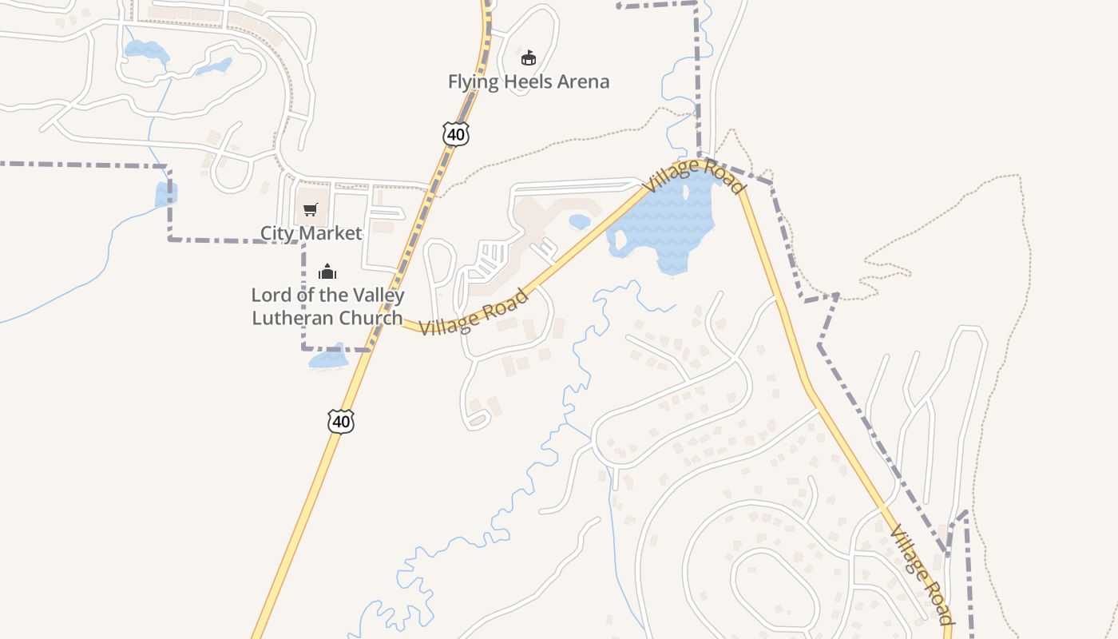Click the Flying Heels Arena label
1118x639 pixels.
point(528,81)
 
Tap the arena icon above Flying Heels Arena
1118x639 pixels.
point(528,58)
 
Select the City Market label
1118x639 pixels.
point(311,233)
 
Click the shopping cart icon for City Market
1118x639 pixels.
point(310,210)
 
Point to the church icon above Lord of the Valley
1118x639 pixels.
point(327,272)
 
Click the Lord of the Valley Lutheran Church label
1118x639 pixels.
point(327,306)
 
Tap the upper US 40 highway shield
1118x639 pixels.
point(456,134)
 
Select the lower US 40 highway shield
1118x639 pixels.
point(341,421)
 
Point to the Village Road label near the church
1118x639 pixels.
point(474,312)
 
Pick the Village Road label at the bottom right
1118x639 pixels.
point(922,574)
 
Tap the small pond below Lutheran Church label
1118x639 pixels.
point(328,359)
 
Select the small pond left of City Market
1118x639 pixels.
point(165,194)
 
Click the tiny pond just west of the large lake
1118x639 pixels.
point(579,221)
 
